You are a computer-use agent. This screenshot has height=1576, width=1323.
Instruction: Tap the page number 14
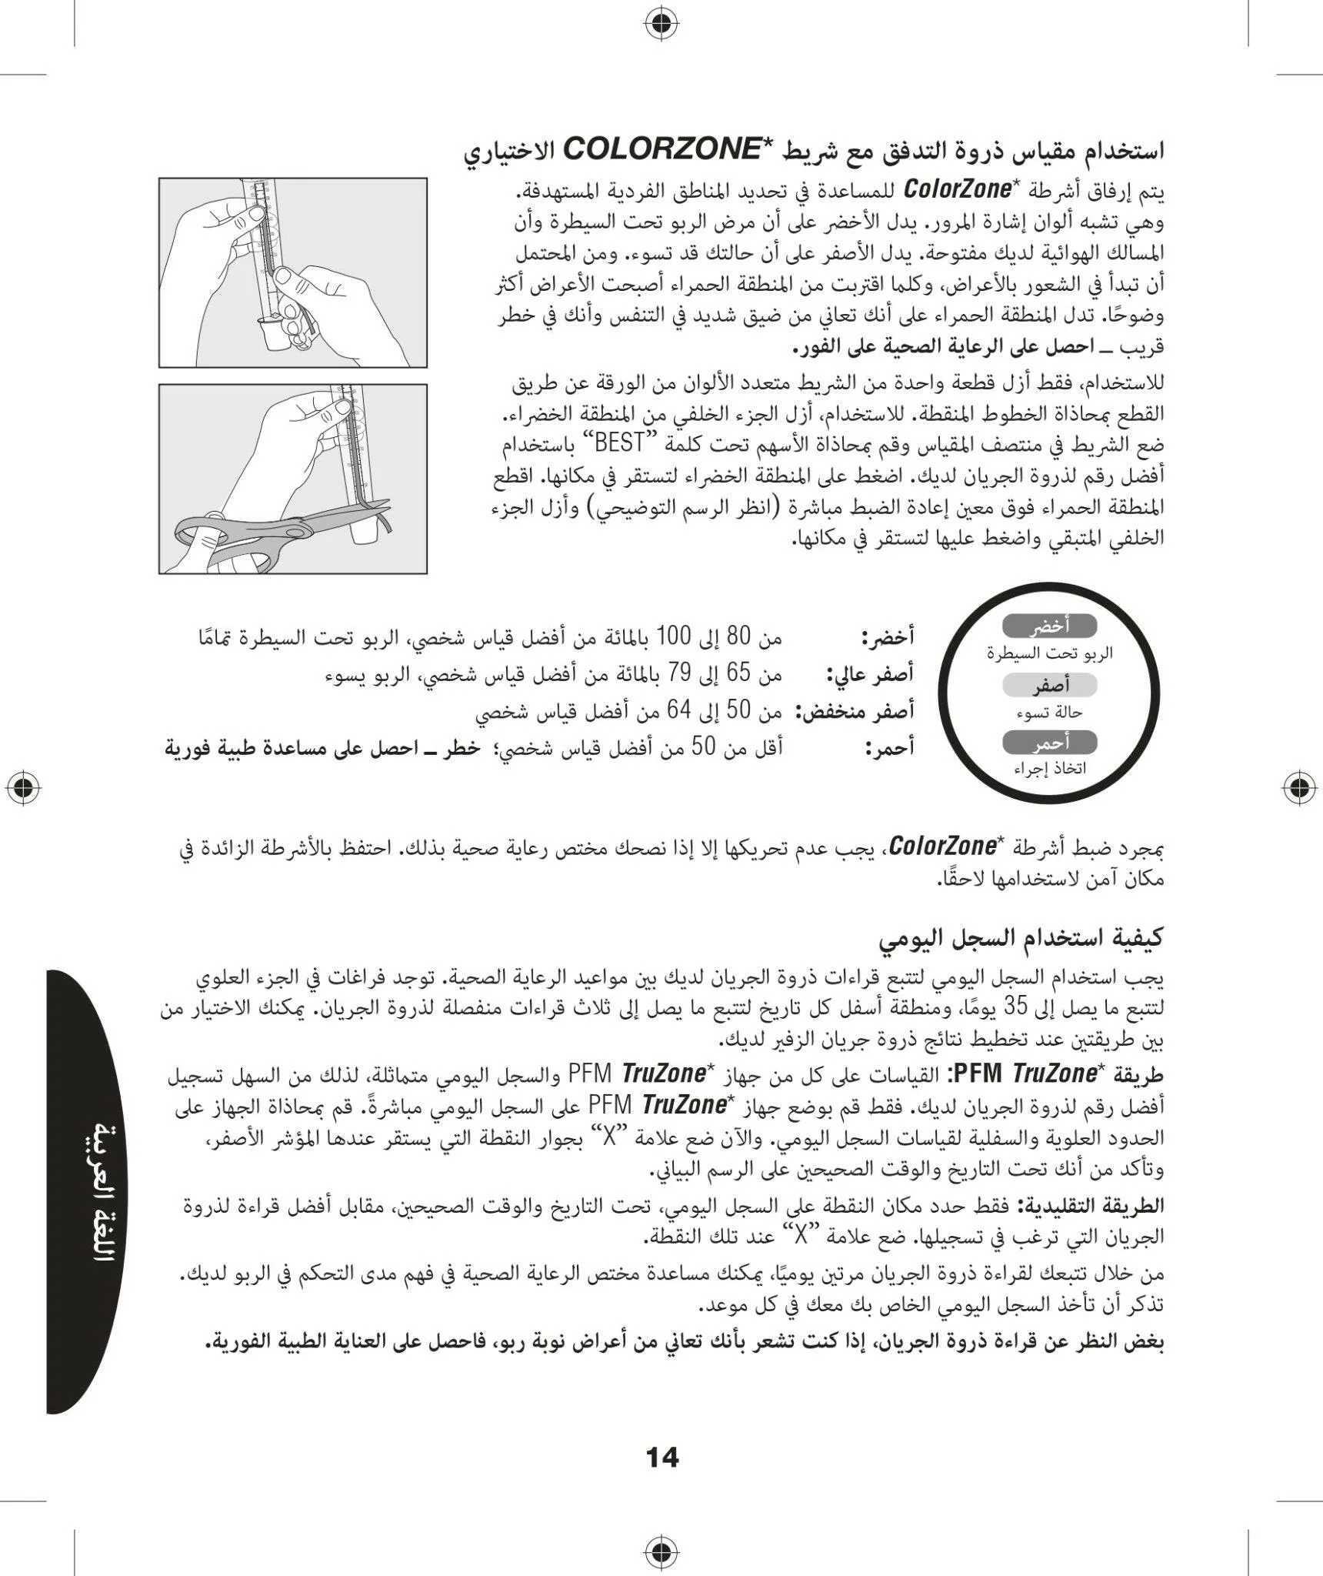click(x=661, y=1457)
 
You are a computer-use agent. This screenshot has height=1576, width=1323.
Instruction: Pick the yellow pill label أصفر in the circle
click(x=1050, y=685)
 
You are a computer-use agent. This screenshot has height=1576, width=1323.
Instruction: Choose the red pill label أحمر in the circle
click(x=1050, y=743)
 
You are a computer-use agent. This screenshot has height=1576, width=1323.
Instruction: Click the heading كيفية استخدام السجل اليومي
click(x=1021, y=937)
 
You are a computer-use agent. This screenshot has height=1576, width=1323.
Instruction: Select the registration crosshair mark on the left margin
click(x=23, y=787)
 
